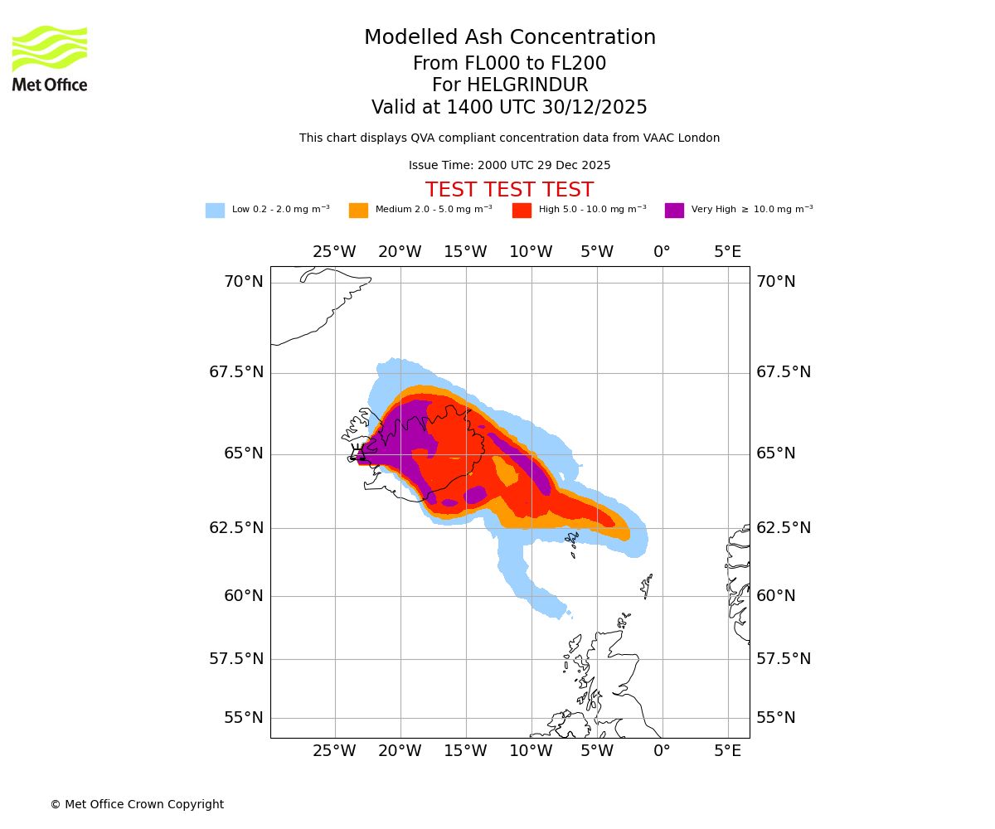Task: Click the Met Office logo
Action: pos(50,58)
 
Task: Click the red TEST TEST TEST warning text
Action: pos(509,190)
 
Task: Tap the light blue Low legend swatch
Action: pos(215,211)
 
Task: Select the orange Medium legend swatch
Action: pos(358,211)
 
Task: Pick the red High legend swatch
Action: pos(522,211)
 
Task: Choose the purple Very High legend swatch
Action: pos(674,211)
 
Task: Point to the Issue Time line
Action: pos(509,166)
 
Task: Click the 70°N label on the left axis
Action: pos(244,282)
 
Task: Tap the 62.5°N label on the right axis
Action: pos(784,528)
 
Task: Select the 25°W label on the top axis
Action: pos(334,252)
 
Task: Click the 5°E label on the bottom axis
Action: pos(728,751)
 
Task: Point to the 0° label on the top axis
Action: pos(662,252)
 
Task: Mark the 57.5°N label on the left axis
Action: pos(236,659)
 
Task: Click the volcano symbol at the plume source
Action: pos(358,453)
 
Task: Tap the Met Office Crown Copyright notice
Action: pos(137,804)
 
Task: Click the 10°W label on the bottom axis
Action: pos(531,751)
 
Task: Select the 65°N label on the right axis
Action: pos(776,453)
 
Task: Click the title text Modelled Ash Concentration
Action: pos(509,38)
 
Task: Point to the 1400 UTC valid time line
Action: pos(509,108)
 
